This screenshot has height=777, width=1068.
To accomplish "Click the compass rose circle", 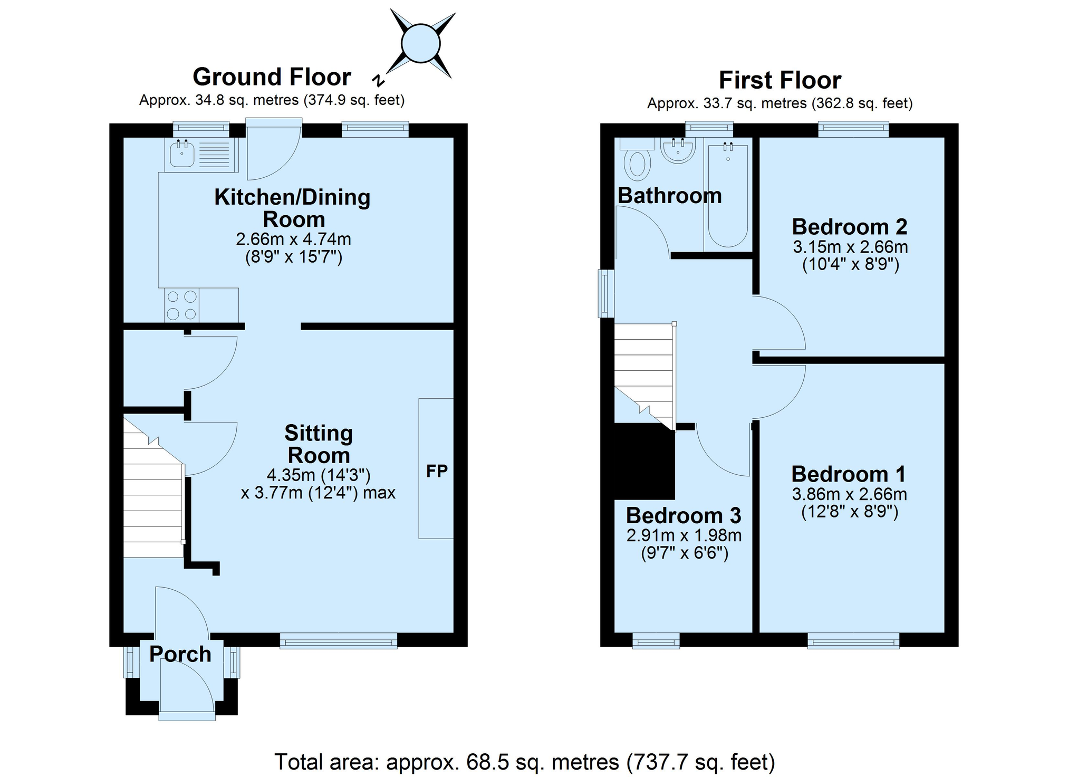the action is (420, 44).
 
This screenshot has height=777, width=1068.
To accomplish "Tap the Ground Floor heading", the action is (272, 77).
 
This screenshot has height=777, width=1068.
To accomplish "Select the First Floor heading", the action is (780, 80).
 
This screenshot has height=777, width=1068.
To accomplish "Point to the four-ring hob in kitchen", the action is (181, 305).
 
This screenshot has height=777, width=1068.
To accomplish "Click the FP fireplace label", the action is (437, 471).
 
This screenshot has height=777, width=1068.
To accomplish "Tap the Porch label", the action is (180, 654).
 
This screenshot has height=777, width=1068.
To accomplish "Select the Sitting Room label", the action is (319, 444).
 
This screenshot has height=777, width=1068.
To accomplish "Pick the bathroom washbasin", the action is (678, 150).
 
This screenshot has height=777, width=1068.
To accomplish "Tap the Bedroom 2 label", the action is (850, 227).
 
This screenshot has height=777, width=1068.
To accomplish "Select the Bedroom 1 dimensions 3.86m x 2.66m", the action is (850, 494).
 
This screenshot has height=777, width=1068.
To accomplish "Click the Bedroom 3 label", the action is (684, 515).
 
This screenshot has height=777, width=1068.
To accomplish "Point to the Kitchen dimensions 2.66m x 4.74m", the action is (293, 239).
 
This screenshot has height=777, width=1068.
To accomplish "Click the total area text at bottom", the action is (525, 762).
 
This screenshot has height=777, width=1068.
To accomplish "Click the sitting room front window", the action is (339, 640).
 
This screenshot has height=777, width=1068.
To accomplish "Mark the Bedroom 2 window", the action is (853, 129).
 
